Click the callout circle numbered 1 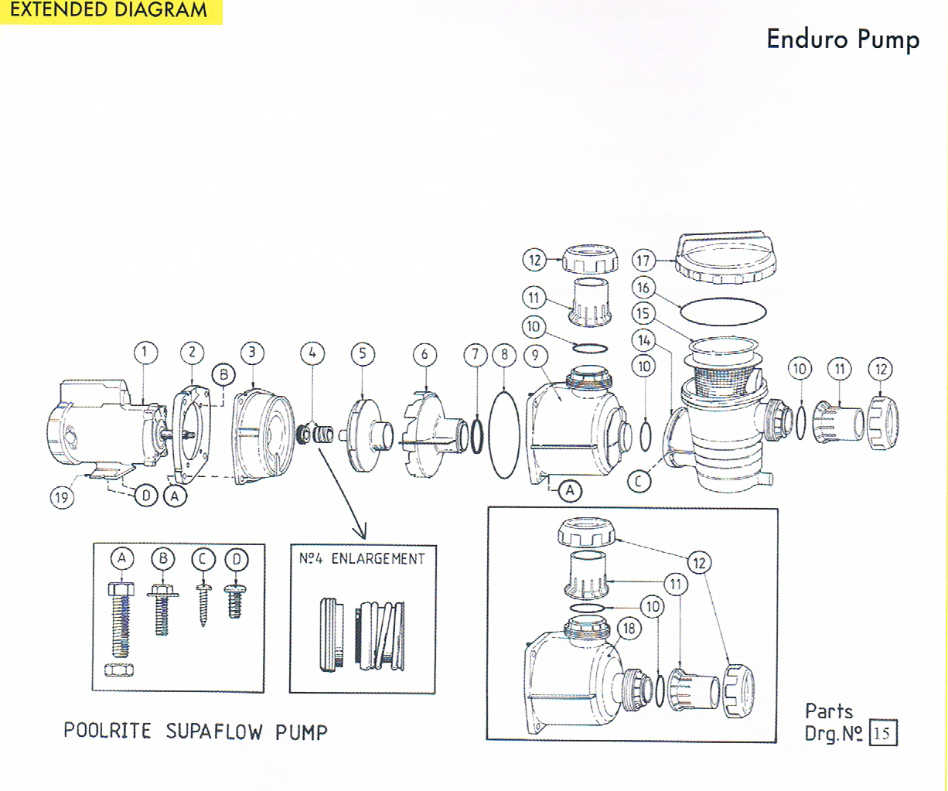click(145, 353)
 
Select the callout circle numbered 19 click(62, 496)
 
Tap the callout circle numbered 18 click(629, 629)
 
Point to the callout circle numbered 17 click(643, 261)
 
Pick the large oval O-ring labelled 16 click(723, 312)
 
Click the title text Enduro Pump click(843, 39)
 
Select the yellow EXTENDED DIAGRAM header click(109, 11)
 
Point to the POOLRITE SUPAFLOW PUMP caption click(196, 731)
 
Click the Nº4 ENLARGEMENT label click(362, 558)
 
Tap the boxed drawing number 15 click(882, 733)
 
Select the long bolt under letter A click(121, 619)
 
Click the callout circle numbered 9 click(535, 356)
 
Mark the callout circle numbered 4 click(312, 353)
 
